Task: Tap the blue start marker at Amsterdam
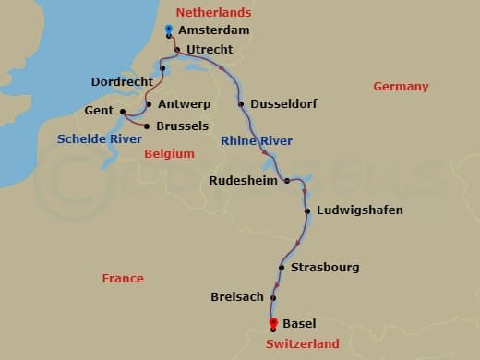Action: click(x=168, y=30)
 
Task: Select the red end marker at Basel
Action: click(x=273, y=323)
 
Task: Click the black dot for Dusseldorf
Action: click(x=242, y=104)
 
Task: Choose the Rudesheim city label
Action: click(x=244, y=180)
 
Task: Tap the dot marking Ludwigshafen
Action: click(x=307, y=210)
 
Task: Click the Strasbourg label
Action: click(x=324, y=268)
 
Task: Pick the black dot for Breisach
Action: click(x=273, y=297)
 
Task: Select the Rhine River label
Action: click(x=257, y=140)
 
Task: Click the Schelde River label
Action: click(x=100, y=139)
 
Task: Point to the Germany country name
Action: click(x=401, y=87)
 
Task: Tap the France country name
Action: click(x=123, y=278)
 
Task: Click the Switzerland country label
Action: click(x=302, y=343)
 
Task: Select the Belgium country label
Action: click(x=169, y=154)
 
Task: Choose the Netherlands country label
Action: click(x=213, y=13)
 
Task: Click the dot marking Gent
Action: click(x=123, y=111)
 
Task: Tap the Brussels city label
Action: click(x=183, y=126)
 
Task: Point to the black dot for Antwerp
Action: click(x=149, y=104)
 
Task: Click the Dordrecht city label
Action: click(x=122, y=81)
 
